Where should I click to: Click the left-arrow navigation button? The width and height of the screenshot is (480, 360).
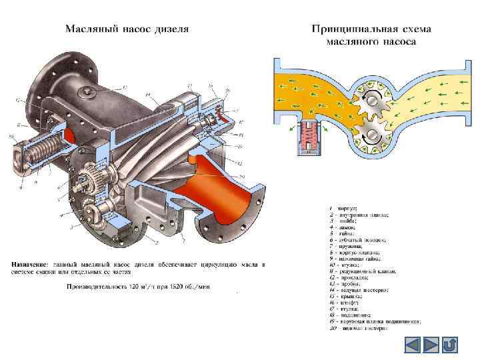click(413, 345)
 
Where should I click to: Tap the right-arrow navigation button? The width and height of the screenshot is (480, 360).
click(431, 345)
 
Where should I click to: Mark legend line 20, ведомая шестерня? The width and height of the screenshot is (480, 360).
click(363, 328)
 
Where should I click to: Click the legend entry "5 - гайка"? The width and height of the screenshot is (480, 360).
click(347, 233)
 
